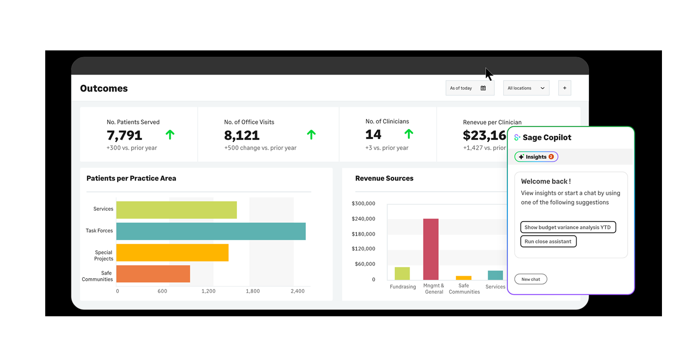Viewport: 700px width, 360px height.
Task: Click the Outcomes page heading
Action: [x=104, y=88]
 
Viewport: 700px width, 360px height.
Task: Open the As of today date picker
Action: [x=469, y=88]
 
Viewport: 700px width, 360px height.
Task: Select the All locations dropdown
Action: [x=526, y=88]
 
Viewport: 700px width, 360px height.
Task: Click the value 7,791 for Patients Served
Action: [x=124, y=135]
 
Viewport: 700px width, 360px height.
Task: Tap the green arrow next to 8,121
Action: [x=311, y=135]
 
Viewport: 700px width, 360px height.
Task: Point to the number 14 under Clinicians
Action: [x=373, y=135]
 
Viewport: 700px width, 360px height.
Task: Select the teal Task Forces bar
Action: [x=211, y=231]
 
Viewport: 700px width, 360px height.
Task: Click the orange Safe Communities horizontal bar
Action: [x=153, y=274]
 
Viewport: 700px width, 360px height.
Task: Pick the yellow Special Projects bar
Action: [x=172, y=253]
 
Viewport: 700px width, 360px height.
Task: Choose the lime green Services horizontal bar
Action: [x=176, y=210]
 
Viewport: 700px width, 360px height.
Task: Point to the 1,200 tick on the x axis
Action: [x=208, y=291]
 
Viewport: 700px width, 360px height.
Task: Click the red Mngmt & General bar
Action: [x=431, y=249]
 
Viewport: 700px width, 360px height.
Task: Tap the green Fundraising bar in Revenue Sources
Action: [x=402, y=273]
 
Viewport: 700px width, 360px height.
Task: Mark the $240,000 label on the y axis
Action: [x=363, y=219]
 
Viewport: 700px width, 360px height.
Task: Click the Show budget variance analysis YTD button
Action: [x=567, y=227]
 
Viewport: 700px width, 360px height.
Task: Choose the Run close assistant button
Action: [x=548, y=241]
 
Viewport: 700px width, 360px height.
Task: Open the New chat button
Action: [x=530, y=279]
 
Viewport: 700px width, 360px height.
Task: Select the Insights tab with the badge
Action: [x=536, y=157]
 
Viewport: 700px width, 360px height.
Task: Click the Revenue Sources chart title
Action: [x=384, y=178]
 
